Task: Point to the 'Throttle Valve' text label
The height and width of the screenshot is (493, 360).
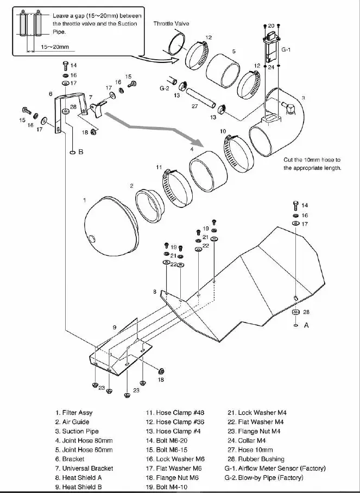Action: (x=171, y=24)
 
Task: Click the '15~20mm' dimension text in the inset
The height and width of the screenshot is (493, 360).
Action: (x=52, y=48)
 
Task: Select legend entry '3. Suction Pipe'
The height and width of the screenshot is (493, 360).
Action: (x=77, y=431)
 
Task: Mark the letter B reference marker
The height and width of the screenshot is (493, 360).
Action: (x=80, y=152)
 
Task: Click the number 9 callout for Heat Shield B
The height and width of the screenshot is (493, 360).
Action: (x=115, y=327)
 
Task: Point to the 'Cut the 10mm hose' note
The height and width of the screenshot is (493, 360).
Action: (x=312, y=164)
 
